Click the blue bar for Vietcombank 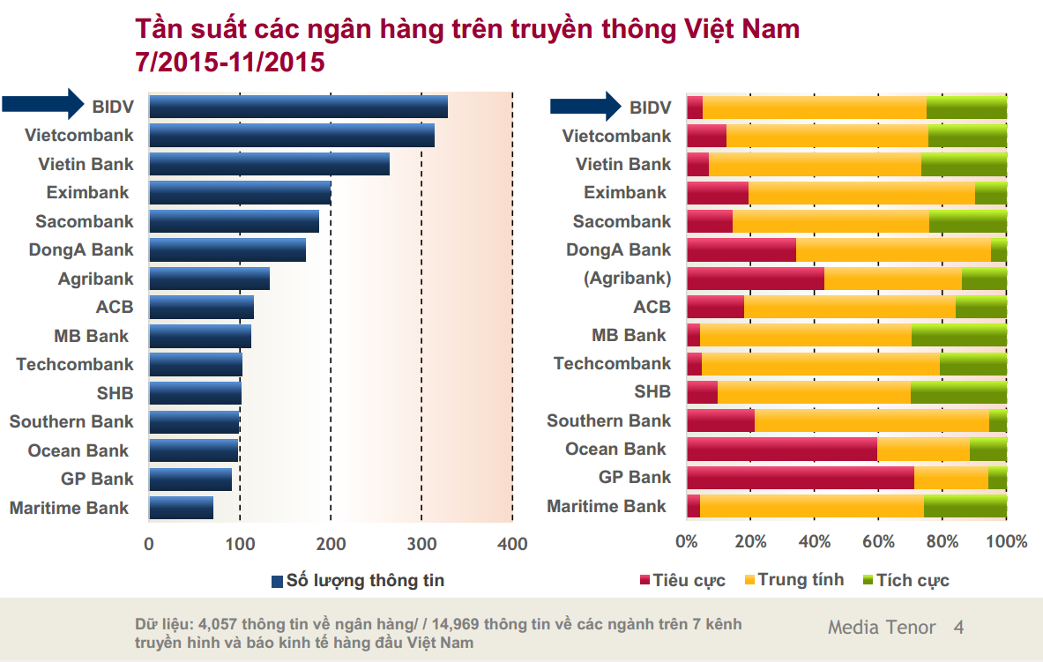[291, 135]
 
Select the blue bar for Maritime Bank [181, 508]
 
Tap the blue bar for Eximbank [240, 192]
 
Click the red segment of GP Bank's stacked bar [800, 478]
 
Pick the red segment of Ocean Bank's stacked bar [781, 450]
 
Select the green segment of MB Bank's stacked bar [958, 335]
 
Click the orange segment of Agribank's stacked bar [892, 279]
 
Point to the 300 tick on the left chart [421, 544]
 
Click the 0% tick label [686, 541]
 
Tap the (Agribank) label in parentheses [627, 279]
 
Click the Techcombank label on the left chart [75, 364]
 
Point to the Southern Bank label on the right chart [608, 420]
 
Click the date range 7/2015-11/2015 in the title [230, 63]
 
